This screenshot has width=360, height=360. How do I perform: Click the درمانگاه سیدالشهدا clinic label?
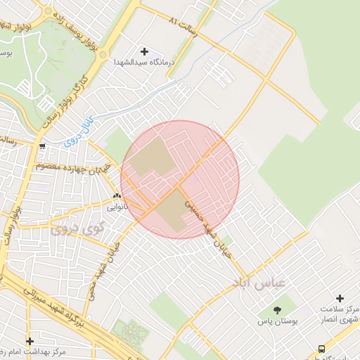(x=143, y=63)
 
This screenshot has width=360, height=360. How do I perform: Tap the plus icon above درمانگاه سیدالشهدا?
(x=144, y=51)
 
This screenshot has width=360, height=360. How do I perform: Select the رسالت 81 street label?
(x=190, y=27)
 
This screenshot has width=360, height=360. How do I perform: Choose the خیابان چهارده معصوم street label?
(x=67, y=169)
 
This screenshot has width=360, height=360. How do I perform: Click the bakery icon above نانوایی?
(x=117, y=196)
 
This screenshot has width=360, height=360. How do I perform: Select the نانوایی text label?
(x=117, y=207)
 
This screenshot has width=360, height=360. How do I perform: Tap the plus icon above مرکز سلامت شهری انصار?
(x=340, y=299)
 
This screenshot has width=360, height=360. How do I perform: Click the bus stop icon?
(x=322, y=348)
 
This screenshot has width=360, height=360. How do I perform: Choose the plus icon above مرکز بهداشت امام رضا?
(x=30, y=341)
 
